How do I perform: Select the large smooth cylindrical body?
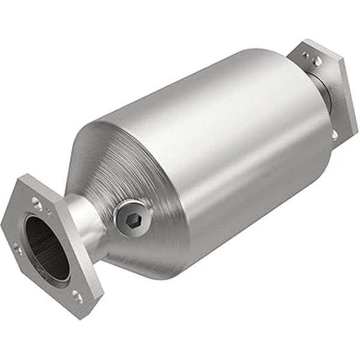228,144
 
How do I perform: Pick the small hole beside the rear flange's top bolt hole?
305,56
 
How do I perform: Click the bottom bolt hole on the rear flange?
334,135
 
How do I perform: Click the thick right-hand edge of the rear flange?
351,102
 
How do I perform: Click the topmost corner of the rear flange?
309,40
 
